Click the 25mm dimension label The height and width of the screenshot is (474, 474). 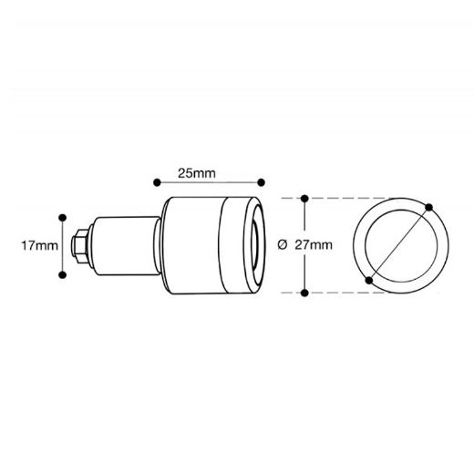(197, 173)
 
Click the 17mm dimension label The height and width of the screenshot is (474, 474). (39, 245)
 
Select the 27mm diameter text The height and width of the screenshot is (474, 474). (314, 245)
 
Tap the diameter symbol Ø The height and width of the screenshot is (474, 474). (283, 245)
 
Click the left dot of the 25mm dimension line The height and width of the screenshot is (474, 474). (157, 182)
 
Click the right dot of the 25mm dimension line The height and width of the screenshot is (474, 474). (261, 182)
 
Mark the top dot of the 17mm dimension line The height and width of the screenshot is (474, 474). (63, 218)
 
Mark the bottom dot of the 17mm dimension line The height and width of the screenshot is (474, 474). (63, 275)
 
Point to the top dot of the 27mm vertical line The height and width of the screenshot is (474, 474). (304, 199)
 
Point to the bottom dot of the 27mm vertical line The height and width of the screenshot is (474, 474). (304, 293)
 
